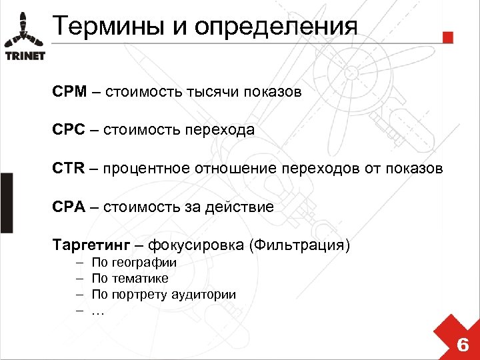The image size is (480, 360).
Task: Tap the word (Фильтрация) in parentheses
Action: [x=299, y=245]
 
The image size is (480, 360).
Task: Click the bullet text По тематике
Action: [x=130, y=279]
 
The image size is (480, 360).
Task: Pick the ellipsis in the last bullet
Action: [x=98, y=311]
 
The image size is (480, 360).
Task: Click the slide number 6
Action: [x=462, y=345]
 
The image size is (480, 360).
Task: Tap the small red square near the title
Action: [x=448, y=37]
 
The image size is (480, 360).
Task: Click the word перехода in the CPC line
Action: [x=223, y=130]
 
